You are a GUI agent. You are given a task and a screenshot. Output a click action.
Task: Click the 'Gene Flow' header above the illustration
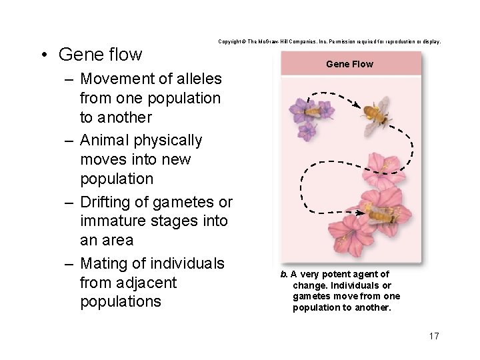[x=349, y=64]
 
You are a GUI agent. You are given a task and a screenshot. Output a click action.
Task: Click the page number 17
[x=433, y=335]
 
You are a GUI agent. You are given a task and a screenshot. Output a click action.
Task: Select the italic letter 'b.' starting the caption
[x=284, y=274]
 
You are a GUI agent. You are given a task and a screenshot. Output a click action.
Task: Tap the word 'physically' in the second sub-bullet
[x=171, y=141]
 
